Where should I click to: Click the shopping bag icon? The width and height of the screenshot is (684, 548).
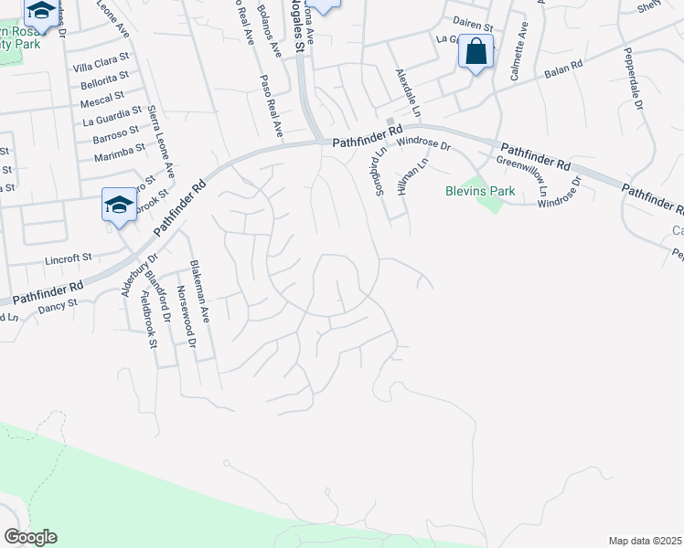coord(476,52)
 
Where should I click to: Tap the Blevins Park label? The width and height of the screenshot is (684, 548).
coord(480,191)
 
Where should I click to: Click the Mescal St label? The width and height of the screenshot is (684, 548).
coord(102,99)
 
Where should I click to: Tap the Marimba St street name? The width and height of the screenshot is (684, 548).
coord(120,151)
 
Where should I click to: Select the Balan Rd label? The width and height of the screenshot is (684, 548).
coord(563,68)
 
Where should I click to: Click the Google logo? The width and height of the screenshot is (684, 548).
coord(30,537)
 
